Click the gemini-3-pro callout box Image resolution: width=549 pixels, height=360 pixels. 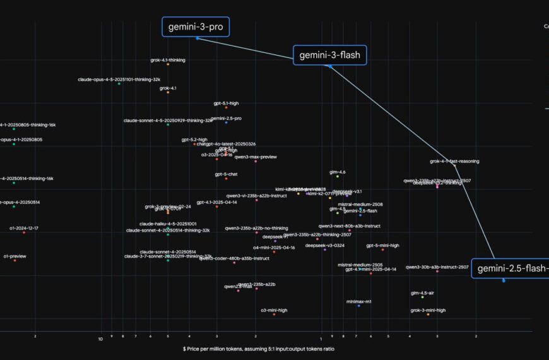coord(196,27)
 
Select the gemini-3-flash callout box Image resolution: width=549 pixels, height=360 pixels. coord(329,55)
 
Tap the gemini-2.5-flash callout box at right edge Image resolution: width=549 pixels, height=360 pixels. coord(510,268)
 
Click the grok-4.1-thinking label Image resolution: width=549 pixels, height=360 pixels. coord(168,60)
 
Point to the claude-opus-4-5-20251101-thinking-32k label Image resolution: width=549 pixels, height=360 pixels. coord(119,80)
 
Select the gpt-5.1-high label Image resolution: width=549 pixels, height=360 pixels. coord(226,103)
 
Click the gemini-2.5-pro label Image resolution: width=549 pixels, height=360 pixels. coord(226,118)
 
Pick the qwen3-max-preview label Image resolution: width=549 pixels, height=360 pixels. coord(256,157)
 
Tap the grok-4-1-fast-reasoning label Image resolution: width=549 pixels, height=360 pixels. coord(454,161)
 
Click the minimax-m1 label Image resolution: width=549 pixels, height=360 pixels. coord(359,301)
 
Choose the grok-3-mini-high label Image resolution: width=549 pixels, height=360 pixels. coord(428,310)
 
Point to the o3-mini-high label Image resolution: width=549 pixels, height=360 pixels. coord(274,310)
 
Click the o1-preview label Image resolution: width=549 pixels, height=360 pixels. coord(15,256)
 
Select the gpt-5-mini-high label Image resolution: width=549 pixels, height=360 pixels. coord(382,245)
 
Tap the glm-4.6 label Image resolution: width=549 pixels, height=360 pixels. coord(338,172)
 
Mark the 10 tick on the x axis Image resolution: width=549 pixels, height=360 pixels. coord(100,339)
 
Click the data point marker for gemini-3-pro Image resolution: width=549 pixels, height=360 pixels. coord(198,39)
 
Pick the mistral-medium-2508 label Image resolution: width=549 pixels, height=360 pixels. coord(360,205)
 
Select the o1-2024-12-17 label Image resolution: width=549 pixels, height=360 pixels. coord(24,228)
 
